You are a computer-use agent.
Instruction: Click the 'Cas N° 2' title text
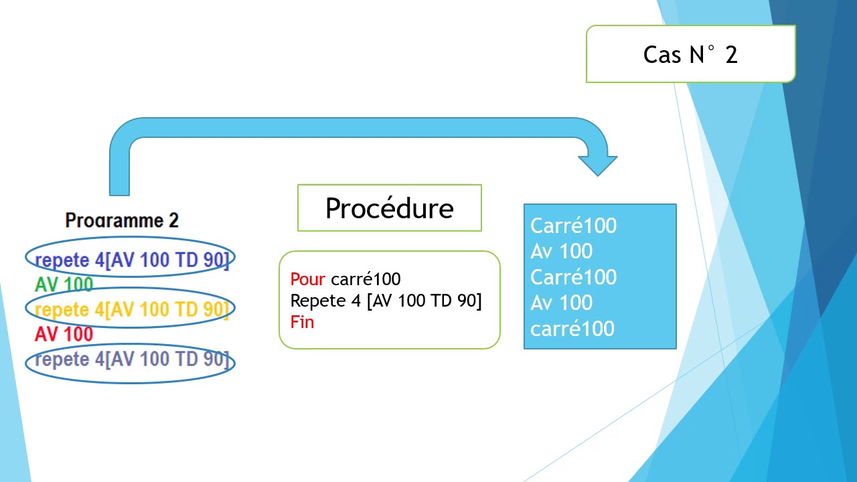[690, 54]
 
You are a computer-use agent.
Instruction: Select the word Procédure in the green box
[390, 208]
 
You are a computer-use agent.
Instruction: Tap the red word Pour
[307, 279]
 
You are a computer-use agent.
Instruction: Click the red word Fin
[302, 322]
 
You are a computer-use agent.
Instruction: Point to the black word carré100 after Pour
[366, 279]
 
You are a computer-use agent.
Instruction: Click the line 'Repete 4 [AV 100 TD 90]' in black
[386, 301]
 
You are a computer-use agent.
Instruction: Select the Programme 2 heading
[122, 220]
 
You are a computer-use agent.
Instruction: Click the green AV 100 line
[64, 285]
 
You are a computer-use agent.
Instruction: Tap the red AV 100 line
[64, 334]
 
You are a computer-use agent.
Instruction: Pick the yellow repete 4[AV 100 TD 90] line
[132, 309]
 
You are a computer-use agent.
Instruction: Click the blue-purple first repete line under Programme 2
[132, 260]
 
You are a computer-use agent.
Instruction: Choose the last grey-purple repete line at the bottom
[132, 359]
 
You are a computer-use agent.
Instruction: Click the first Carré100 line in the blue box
[573, 226]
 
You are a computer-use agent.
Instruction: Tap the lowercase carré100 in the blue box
[572, 329]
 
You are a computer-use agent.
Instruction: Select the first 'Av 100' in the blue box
[561, 251]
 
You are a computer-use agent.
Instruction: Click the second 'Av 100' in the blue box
[561, 303]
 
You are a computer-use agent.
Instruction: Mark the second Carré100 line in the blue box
[573, 277]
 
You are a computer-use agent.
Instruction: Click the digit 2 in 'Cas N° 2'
[731, 55]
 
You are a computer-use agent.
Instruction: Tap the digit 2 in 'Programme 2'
[173, 220]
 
